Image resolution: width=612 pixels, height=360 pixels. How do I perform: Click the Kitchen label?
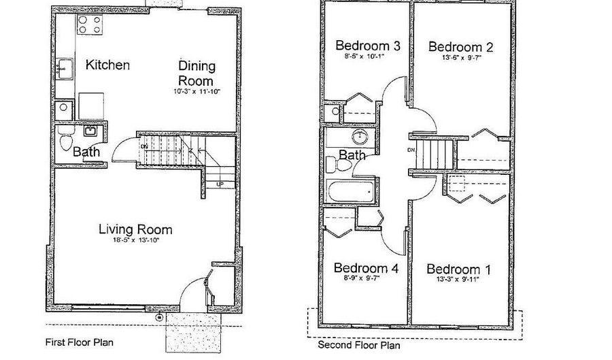tap(107, 65)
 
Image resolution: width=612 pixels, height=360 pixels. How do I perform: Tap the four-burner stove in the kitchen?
tap(89, 24)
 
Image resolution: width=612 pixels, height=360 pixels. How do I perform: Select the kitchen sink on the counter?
tap(65, 69)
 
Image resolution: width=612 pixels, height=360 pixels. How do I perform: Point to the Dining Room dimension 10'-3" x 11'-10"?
tap(197, 92)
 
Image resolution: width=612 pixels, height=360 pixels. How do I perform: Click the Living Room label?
tap(135, 229)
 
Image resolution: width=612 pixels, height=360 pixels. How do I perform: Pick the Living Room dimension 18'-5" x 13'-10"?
tap(135, 240)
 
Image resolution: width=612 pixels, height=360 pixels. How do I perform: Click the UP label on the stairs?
tap(220, 184)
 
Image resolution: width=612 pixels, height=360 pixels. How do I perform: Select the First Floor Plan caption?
tap(80, 342)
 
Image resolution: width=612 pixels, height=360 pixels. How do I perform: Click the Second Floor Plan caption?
tap(358, 345)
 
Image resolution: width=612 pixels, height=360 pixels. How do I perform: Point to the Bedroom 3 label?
tap(368, 46)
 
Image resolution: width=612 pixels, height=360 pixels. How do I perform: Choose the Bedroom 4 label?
tap(366, 268)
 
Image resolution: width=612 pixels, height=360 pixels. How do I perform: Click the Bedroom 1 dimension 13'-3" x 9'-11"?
tap(458, 280)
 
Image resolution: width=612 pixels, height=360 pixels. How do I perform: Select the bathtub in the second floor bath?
tap(351, 191)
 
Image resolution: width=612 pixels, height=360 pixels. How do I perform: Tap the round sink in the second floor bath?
tap(360, 137)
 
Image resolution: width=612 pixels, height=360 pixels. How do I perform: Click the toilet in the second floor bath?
tap(339, 164)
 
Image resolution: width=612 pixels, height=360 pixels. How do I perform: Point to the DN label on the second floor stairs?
tap(411, 150)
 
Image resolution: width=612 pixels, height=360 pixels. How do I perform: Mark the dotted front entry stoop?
tap(194, 332)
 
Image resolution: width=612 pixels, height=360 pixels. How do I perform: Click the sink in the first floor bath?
tap(90, 131)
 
